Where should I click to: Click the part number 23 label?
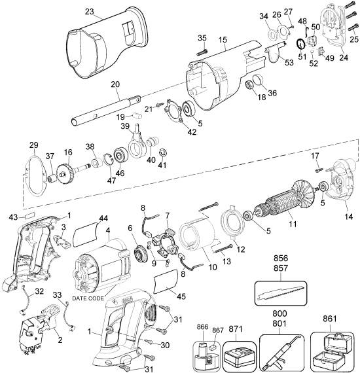coord(89,11)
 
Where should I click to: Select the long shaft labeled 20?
coord(105,111)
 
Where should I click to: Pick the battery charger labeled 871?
coord(240,357)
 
